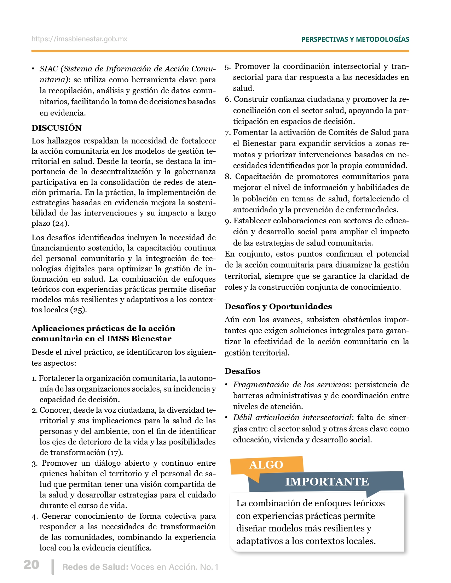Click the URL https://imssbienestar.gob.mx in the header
click(x=79, y=39)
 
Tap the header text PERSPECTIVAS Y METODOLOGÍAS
click(x=355, y=39)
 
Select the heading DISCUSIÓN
click(x=57, y=128)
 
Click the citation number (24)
click(x=61, y=223)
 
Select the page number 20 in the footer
click(x=31, y=565)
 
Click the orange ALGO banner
click(x=266, y=465)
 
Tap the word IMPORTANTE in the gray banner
click(x=327, y=482)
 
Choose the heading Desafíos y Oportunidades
click(x=278, y=306)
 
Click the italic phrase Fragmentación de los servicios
click(x=291, y=384)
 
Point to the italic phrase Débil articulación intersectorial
click(x=292, y=418)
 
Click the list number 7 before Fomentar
click(x=227, y=132)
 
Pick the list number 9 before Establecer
click(x=227, y=221)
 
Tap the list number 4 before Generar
click(x=34, y=517)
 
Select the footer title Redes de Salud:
click(x=95, y=567)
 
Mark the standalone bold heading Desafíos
click(x=242, y=371)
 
